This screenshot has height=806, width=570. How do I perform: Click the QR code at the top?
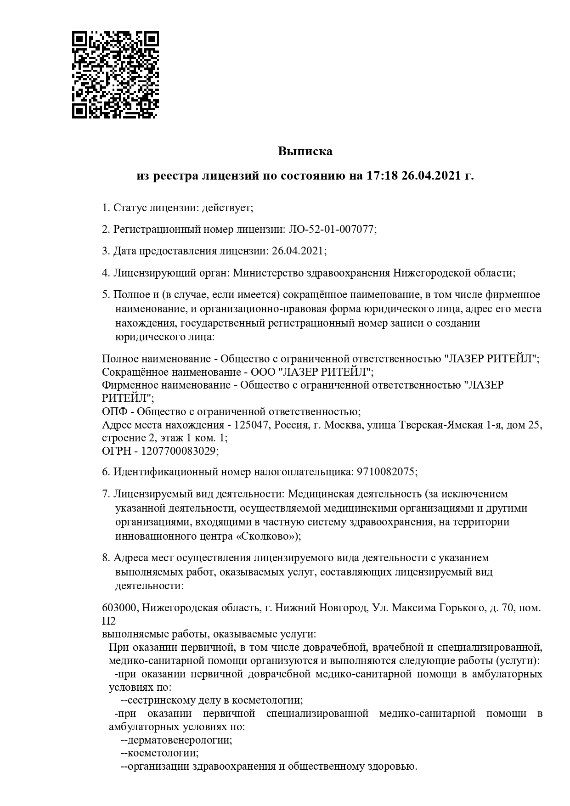115,75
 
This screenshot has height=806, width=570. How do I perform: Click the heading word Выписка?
305,151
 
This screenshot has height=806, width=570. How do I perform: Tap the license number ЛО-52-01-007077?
331,229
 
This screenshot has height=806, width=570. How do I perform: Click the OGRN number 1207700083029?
179,451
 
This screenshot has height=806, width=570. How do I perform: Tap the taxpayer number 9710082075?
385,472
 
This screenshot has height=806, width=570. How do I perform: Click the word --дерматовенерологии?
176,741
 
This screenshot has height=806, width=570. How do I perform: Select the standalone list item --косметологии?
159,754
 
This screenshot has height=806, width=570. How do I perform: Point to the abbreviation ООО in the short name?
263,372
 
